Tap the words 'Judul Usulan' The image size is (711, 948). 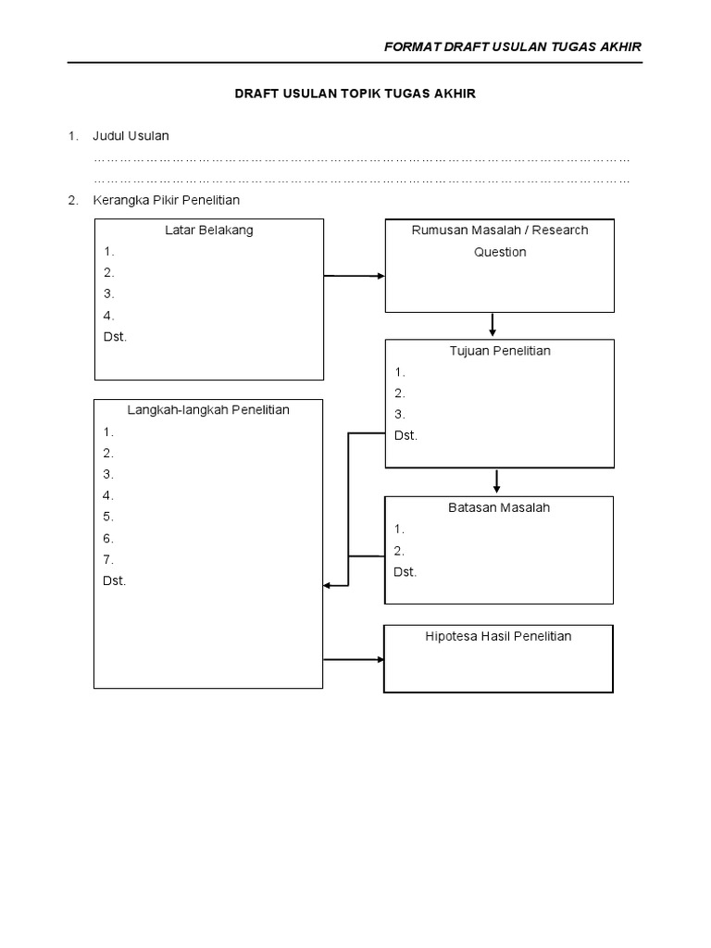tap(131, 136)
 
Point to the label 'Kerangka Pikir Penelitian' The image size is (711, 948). tap(167, 200)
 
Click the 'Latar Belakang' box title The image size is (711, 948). tap(209, 231)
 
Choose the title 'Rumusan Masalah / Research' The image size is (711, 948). tap(500, 231)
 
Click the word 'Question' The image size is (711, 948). tap(500, 252)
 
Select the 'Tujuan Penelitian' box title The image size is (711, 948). tap(500, 351)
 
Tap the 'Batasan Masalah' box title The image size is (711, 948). tap(500, 508)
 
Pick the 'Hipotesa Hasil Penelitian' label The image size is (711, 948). tap(498, 636)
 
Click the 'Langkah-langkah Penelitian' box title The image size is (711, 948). tap(209, 410)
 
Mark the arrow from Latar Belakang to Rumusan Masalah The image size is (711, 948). tap(355, 276)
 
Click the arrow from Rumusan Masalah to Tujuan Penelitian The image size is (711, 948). tap(493, 325)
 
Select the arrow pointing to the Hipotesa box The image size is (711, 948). tap(355, 659)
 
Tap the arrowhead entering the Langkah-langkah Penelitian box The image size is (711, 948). tap(328, 585)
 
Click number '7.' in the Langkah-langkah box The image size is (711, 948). tap(108, 559)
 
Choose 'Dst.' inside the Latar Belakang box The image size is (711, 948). tap(115, 336)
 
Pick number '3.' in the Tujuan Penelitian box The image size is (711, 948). tap(399, 414)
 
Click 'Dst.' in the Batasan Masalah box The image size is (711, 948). tap(405, 571)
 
